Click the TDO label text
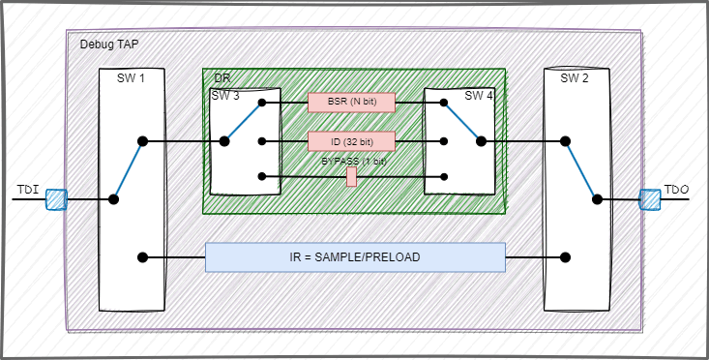click(x=676, y=188)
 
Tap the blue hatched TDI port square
click(x=56, y=199)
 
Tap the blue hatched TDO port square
click(x=650, y=199)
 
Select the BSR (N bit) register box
click(x=352, y=102)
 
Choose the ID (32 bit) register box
click(x=352, y=141)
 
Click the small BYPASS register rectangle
click(x=352, y=176)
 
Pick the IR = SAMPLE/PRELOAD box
click(x=355, y=256)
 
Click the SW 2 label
click(x=575, y=78)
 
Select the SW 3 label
click(x=224, y=95)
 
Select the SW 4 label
click(x=478, y=95)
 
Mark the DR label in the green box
click(x=222, y=77)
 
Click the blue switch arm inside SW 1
click(x=128, y=170)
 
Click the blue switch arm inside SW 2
click(x=580, y=170)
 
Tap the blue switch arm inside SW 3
click(x=243, y=121)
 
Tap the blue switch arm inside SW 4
click(x=462, y=121)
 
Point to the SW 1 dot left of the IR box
click(x=143, y=257)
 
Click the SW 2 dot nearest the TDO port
click(x=597, y=199)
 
